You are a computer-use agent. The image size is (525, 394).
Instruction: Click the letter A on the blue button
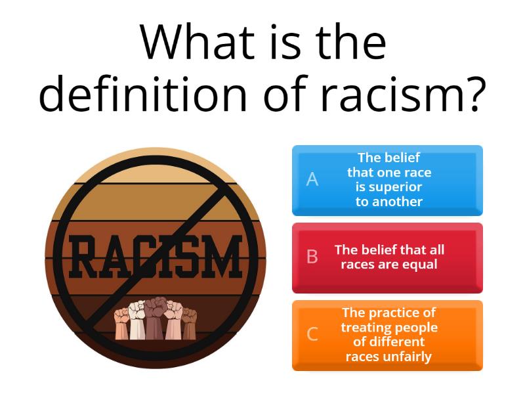coord(312,179)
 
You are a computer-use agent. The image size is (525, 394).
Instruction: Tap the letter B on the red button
coord(312,257)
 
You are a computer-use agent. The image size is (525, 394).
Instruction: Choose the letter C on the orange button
coord(312,334)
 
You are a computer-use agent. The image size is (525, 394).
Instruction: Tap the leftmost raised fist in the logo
coord(122,324)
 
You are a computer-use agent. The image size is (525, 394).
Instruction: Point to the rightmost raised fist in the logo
coord(189,324)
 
